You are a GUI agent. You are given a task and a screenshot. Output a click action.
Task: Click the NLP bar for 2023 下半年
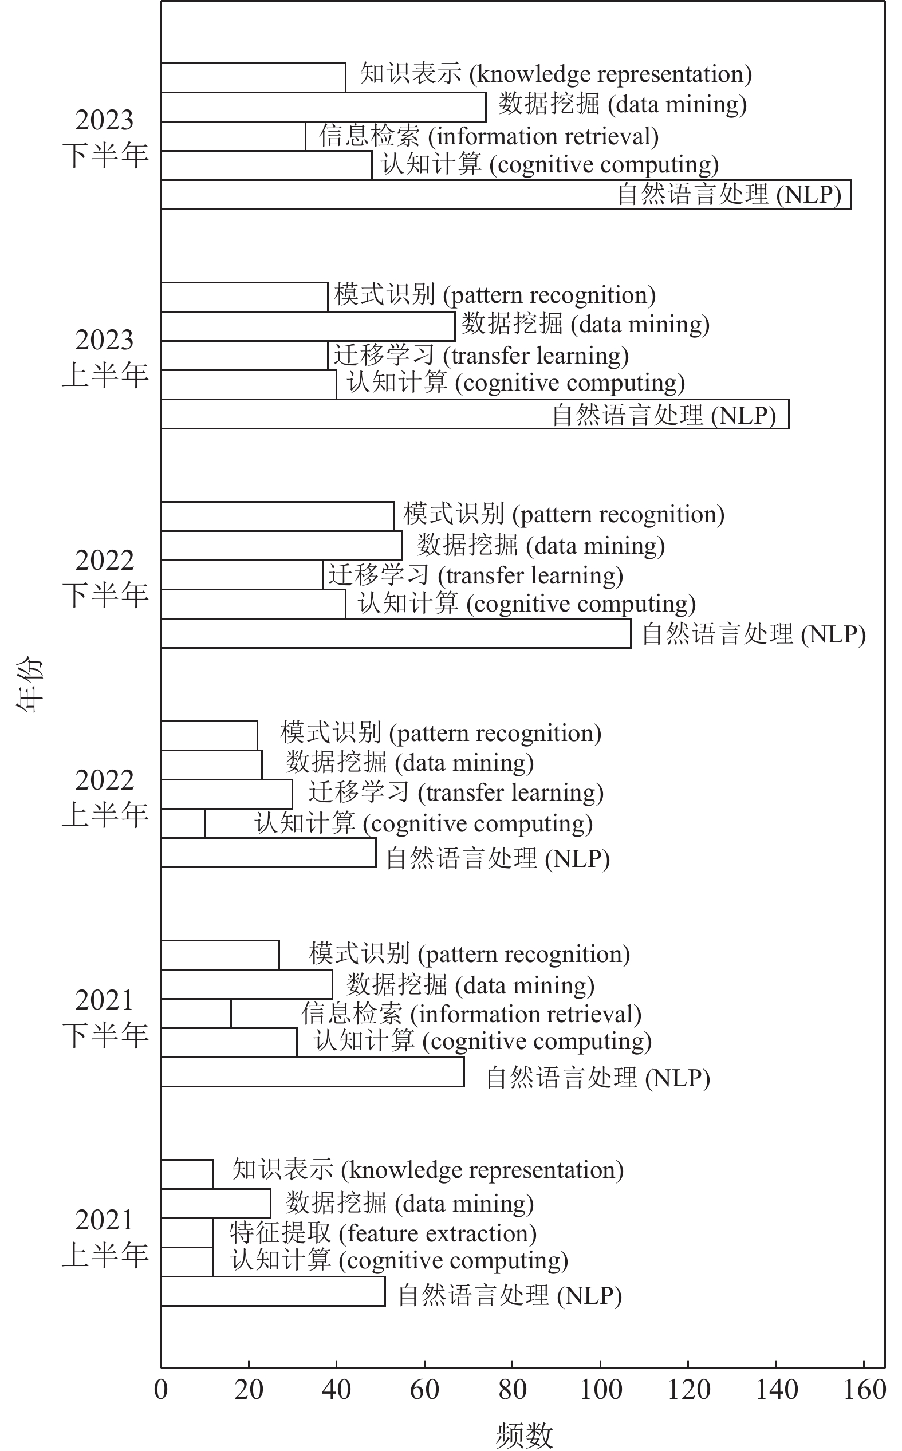click(x=388, y=195)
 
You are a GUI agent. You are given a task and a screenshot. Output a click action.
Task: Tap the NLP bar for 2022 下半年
click(x=396, y=633)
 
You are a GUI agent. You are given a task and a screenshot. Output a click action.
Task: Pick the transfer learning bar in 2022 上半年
click(x=226, y=794)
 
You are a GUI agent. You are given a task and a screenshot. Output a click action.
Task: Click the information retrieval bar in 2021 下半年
click(x=196, y=1014)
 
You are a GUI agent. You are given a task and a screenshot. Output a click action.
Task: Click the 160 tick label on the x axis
click(x=864, y=1391)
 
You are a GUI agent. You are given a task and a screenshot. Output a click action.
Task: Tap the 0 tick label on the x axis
click(x=161, y=1391)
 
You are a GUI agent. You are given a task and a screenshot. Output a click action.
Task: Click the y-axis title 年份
click(x=30, y=684)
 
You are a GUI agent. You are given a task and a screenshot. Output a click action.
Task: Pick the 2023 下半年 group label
click(x=105, y=138)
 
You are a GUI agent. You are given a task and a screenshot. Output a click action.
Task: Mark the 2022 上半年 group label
click(x=105, y=798)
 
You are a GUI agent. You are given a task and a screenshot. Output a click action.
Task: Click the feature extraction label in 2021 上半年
click(x=383, y=1233)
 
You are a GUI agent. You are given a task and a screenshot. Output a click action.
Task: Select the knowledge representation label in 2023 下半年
click(x=556, y=74)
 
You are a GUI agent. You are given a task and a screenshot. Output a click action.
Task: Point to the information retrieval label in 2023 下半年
click(x=489, y=136)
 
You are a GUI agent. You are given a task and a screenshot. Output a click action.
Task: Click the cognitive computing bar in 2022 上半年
click(x=183, y=823)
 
